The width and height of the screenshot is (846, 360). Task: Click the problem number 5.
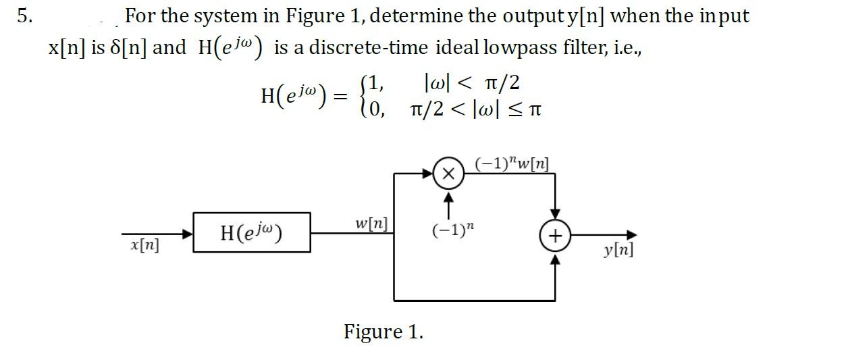[24, 16]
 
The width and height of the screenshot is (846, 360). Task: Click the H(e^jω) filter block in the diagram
[252, 233]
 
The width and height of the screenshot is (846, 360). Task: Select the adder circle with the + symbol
[555, 236]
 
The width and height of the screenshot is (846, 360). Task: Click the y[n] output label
[618, 251]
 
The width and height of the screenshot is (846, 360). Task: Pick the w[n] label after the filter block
[371, 222]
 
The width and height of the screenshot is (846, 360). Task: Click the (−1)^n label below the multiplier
[449, 230]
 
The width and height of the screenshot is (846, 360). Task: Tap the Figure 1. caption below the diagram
[384, 332]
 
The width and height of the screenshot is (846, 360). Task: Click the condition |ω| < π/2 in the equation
[471, 83]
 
